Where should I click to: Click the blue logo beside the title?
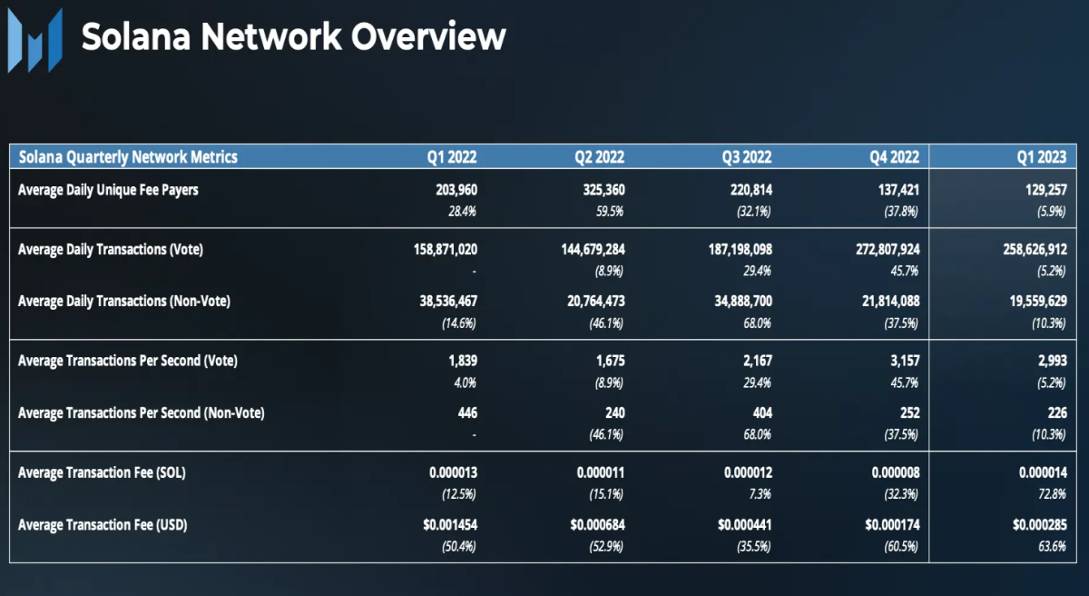click(35, 40)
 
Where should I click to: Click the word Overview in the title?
click(428, 36)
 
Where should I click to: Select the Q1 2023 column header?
click(1042, 157)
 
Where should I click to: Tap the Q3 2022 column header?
click(747, 157)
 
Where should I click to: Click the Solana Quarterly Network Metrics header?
click(128, 157)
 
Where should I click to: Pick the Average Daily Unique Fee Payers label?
click(108, 190)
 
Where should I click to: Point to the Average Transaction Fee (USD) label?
click(103, 525)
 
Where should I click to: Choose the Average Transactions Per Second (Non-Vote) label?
click(142, 413)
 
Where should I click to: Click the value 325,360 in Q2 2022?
click(603, 190)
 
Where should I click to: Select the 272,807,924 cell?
click(888, 250)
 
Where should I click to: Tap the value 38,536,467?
click(448, 301)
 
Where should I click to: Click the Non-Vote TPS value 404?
click(762, 413)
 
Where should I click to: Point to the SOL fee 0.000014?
click(1043, 473)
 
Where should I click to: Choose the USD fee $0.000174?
click(892, 525)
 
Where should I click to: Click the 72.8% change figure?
click(1052, 494)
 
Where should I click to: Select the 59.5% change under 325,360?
click(610, 212)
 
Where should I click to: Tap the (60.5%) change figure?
click(901, 547)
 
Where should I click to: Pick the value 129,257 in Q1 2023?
click(1046, 190)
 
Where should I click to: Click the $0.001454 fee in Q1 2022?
click(450, 525)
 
